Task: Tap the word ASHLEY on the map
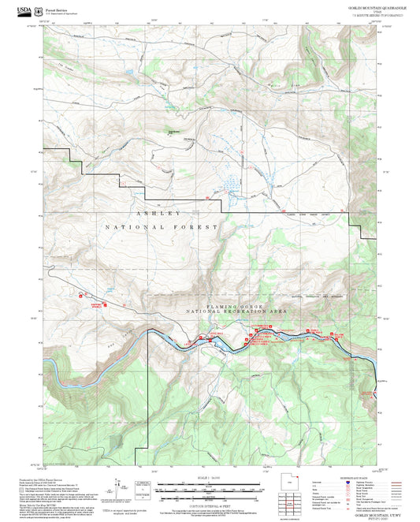[x=158, y=213]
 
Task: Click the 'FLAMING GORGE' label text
[x=238, y=305]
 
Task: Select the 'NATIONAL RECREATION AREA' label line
[x=238, y=312]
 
